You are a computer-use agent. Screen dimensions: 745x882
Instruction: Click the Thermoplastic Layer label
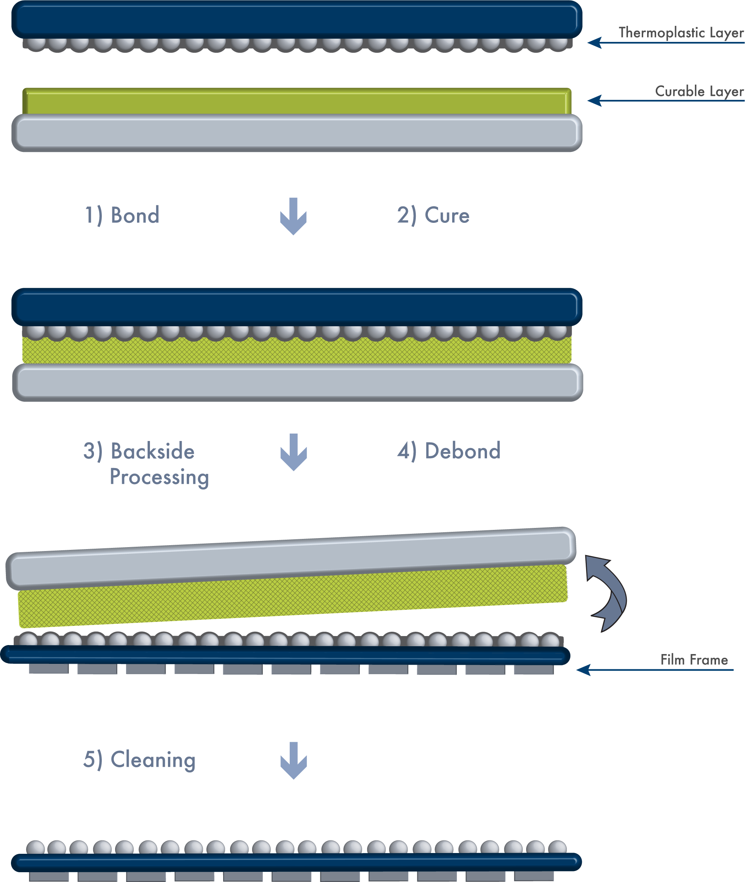681,33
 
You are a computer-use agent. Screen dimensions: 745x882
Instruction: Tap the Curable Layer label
699,92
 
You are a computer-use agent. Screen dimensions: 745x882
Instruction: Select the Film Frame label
694,660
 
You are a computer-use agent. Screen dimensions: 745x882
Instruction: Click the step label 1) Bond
123,215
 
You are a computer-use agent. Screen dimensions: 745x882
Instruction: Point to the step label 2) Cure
433,215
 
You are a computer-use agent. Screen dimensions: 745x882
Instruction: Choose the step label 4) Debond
449,451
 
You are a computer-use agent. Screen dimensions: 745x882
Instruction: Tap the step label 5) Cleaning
139,760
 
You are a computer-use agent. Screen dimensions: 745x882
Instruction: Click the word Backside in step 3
152,451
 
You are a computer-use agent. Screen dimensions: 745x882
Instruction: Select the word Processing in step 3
159,477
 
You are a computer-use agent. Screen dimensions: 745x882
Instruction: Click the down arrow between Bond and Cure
294,216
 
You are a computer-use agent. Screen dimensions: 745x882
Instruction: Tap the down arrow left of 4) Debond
294,452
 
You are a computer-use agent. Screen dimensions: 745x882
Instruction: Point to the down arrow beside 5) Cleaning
294,760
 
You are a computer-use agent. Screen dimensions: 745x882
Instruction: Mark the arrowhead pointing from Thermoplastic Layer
595,43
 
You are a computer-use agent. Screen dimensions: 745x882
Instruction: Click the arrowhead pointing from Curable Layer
595,101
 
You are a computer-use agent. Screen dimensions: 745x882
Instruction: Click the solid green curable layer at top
297,101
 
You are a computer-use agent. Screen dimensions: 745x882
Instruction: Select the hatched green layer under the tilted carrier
293,596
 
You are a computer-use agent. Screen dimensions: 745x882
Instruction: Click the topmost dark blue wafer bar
297,20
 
